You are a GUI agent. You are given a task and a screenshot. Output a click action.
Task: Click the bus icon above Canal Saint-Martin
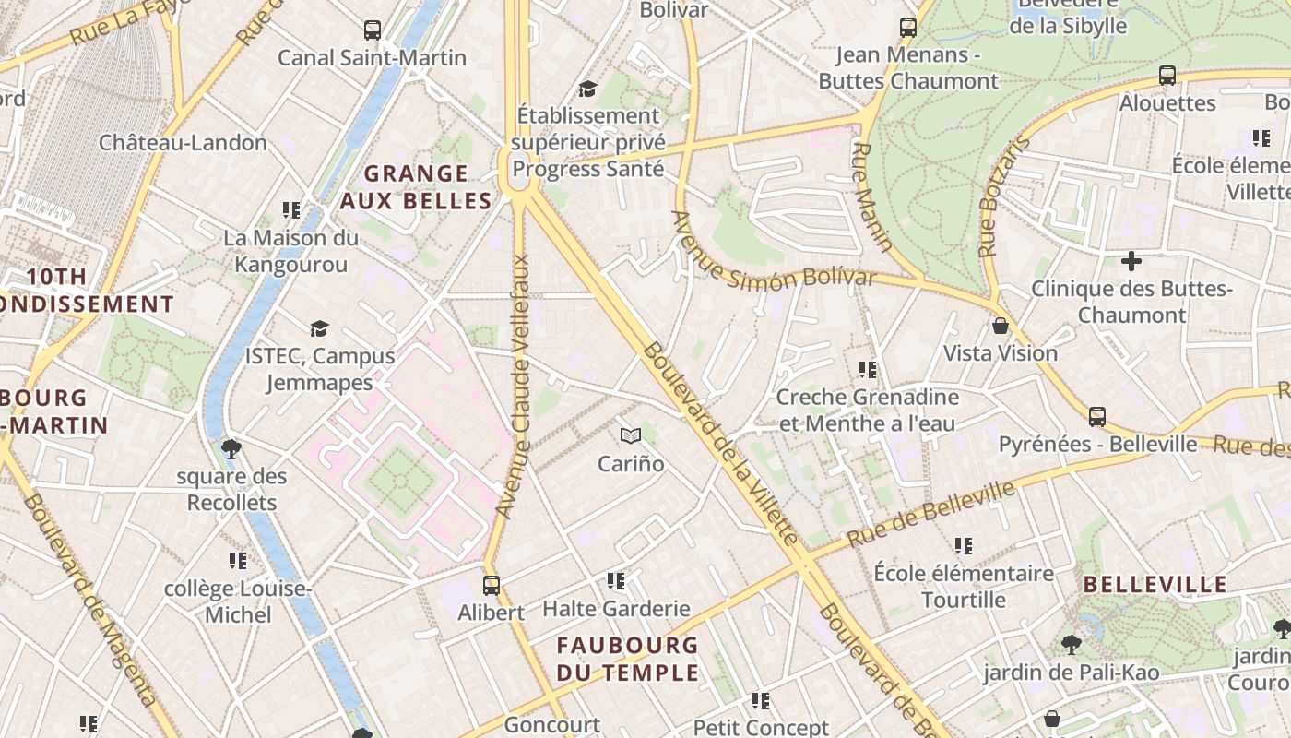pos(373,30)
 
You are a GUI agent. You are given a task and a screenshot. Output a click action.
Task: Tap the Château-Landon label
pos(183,143)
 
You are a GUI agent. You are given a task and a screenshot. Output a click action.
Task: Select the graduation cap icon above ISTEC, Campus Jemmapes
pos(319,328)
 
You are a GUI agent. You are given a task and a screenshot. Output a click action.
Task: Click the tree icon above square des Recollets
pos(231,449)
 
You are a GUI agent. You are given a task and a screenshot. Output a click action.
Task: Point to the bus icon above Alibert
pos(492,585)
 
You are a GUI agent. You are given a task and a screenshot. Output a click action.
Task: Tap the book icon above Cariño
pos(631,435)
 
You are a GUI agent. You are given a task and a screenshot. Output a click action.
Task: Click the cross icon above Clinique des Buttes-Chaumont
pos(1131,261)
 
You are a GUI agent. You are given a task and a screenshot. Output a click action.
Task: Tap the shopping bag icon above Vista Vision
pos(1001,326)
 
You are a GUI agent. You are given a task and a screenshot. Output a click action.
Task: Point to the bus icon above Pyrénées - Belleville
pos(1097,417)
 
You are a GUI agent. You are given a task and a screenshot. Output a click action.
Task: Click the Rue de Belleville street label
pos(930,513)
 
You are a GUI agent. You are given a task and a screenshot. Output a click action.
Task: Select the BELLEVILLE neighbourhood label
pos(1155,584)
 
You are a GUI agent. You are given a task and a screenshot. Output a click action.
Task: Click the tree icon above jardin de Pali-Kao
pos(1071,644)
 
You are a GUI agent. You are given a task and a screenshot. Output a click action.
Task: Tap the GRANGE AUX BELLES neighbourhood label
pos(416,187)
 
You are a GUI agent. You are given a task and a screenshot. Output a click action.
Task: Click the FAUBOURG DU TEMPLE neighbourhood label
pos(627,659)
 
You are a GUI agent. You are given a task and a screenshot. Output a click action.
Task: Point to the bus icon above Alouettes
pos(1167,76)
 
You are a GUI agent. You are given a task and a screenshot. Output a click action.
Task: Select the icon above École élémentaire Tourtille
pos(964,546)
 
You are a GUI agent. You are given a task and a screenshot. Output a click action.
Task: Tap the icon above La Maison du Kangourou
pos(291,210)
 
